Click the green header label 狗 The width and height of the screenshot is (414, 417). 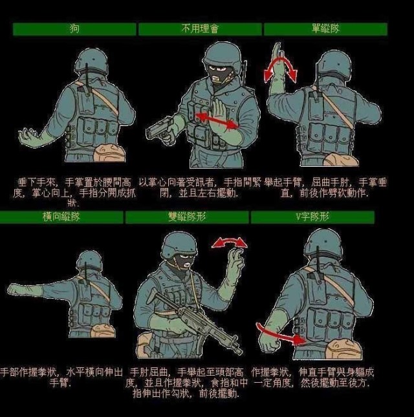(74, 29)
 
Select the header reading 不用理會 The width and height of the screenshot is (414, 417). (200, 29)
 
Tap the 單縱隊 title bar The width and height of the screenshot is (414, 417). (325, 29)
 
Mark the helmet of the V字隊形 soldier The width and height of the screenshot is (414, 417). (323, 243)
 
